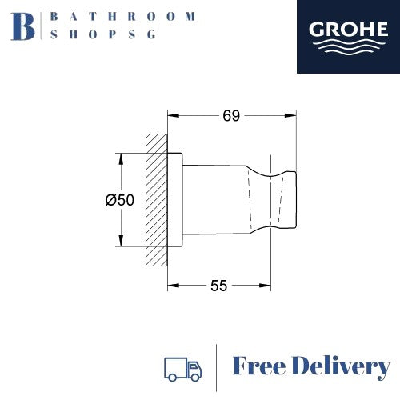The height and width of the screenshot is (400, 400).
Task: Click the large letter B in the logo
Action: coord(26,26)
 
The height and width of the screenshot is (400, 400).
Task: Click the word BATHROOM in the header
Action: coord(122,16)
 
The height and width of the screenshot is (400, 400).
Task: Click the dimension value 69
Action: coord(231,116)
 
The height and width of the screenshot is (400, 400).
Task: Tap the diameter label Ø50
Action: coord(120,201)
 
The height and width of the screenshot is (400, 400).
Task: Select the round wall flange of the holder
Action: coord(174,200)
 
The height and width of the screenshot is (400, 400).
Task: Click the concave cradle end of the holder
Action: coord(286,200)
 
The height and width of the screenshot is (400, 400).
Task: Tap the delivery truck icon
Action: coord(182,368)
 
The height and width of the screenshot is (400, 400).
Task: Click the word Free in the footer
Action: coord(262,367)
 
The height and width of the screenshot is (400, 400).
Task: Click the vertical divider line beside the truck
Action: coord(218,367)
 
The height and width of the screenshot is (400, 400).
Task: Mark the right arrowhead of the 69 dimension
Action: coord(293,116)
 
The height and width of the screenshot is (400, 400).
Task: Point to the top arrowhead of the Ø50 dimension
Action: coord(120,157)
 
